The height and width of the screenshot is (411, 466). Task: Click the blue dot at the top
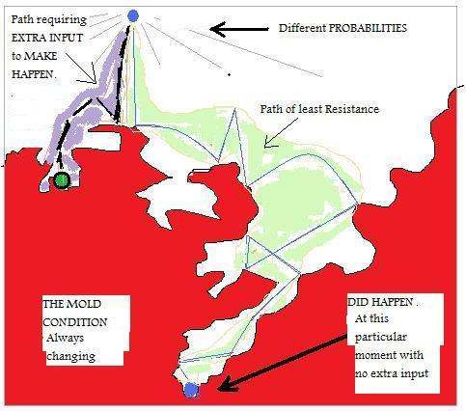[x=133, y=15]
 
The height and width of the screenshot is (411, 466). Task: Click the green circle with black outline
[x=62, y=180]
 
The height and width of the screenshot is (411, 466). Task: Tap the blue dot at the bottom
[x=191, y=390]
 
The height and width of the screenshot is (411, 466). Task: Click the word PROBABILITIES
[x=368, y=28]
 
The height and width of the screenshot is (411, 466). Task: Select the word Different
[x=302, y=28]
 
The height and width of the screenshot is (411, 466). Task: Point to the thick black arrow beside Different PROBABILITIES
[x=239, y=29]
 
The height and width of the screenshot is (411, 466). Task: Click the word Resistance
[x=352, y=109]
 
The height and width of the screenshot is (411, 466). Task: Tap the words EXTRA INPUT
[x=47, y=38]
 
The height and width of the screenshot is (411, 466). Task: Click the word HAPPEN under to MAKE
[x=33, y=74]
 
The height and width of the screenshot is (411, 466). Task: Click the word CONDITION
[x=75, y=322]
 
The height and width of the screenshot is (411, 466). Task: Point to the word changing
[x=71, y=356]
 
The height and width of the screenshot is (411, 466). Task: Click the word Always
[x=66, y=339]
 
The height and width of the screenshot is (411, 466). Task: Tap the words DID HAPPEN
[x=381, y=302]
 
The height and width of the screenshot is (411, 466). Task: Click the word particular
[x=381, y=338]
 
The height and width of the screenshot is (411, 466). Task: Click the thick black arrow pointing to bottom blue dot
[x=283, y=363]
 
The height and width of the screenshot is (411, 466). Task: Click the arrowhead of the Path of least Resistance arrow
[x=268, y=142]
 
